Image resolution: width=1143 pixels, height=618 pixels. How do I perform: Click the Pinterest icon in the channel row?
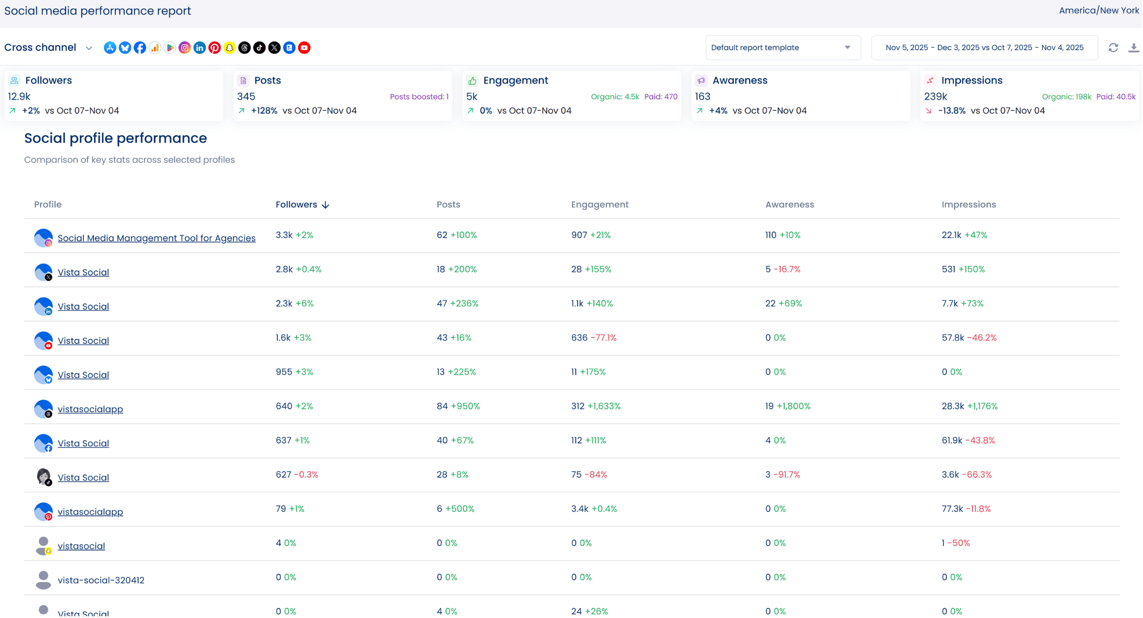215,48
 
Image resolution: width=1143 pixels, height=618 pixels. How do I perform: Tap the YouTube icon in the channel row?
304,48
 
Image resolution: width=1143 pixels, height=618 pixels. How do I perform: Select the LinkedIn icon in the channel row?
200,48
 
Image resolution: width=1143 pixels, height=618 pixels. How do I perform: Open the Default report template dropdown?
783,48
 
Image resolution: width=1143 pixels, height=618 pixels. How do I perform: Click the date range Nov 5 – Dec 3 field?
984,48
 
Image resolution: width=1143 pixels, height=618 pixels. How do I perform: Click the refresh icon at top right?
1113,48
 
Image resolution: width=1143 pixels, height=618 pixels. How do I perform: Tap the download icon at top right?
1133,48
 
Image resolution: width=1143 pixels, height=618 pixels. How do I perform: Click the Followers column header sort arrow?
326,205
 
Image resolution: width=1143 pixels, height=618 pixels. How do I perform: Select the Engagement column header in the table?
599,205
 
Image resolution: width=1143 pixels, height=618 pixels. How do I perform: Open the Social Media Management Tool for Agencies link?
156,238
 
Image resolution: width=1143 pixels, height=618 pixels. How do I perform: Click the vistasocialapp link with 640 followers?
91,409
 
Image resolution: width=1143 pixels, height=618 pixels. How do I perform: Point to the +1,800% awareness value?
793,406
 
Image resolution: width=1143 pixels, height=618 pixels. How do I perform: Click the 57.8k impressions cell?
952,338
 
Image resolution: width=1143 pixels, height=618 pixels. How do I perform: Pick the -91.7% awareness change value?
787,475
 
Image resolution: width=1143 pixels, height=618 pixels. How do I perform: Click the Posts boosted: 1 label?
419,97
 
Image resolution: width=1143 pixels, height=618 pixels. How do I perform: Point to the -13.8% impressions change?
951,111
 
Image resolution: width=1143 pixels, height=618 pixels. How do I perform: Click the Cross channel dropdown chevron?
89,48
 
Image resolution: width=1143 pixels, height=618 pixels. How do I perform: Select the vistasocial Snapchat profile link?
81,546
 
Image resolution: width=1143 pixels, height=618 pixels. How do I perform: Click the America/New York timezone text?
1099,11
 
